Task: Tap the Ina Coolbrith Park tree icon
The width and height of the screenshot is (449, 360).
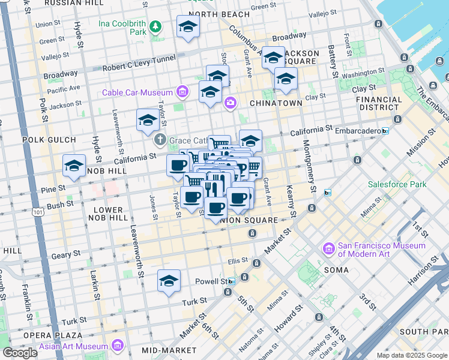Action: [x=156, y=26]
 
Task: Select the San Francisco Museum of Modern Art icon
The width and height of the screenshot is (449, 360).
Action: [x=328, y=248]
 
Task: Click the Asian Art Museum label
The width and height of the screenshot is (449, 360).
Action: [x=73, y=346]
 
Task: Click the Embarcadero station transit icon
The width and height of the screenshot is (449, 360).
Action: [x=385, y=130]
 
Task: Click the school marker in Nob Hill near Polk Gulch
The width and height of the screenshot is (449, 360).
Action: [x=74, y=166]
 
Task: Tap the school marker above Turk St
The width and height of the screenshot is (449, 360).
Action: [x=169, y=281]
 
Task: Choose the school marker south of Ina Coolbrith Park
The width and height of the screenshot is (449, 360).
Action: [x=188, y=26]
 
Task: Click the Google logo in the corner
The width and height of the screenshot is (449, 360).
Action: [x=20, y=353]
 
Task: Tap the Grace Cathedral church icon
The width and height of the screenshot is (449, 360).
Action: [x=160, y=140]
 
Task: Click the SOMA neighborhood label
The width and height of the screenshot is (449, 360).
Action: [x=336, y=270]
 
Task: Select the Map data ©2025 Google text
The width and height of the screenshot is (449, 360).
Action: [x=411, y=355]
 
